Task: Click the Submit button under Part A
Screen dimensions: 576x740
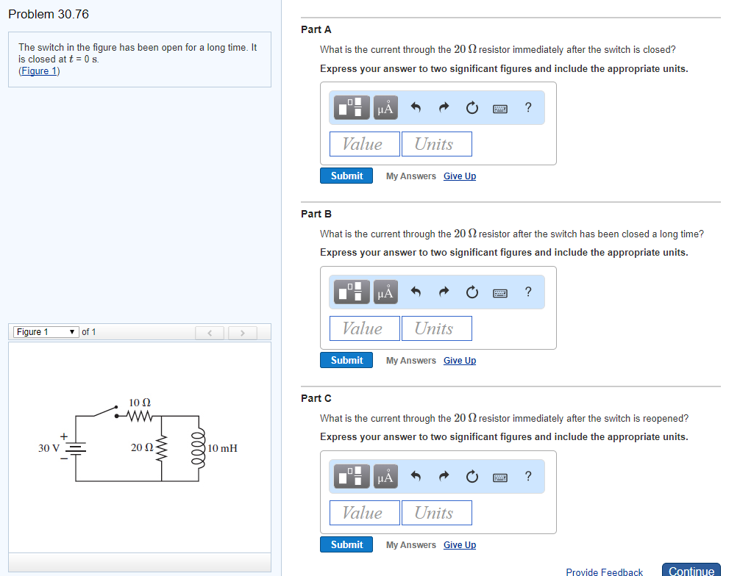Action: point(346,176)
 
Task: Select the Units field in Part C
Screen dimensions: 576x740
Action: point(436,513)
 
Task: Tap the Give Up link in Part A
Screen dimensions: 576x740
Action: point(460,176)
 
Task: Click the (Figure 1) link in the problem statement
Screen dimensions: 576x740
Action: point(39,71)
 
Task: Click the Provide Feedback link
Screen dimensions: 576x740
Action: point(604,572)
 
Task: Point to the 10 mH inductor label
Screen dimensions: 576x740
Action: point(223,448)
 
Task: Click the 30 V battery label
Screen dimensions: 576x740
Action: point(49,448)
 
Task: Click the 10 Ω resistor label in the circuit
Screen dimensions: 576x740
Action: point(140,403)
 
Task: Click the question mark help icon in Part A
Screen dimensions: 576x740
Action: point(528,108)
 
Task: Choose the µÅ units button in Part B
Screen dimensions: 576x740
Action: point(385,293)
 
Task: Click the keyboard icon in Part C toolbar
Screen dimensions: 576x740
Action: point(500,478)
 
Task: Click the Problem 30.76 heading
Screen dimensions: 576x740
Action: point(49,14)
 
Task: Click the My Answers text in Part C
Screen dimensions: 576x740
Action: point(410,545)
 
